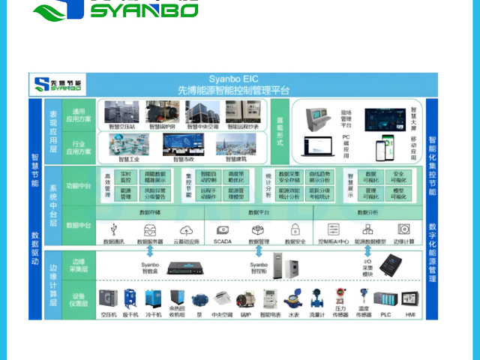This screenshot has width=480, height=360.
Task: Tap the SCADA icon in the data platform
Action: (223, 229)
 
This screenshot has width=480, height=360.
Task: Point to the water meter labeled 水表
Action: (293, 300)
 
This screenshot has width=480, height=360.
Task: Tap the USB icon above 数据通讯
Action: (113, 229)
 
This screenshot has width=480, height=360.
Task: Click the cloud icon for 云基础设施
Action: (186, 229)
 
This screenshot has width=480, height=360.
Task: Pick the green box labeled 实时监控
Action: (125, 177)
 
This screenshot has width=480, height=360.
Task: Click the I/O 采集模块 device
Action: (389, 262)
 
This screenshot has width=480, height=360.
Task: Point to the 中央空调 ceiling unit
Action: (220, 301)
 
